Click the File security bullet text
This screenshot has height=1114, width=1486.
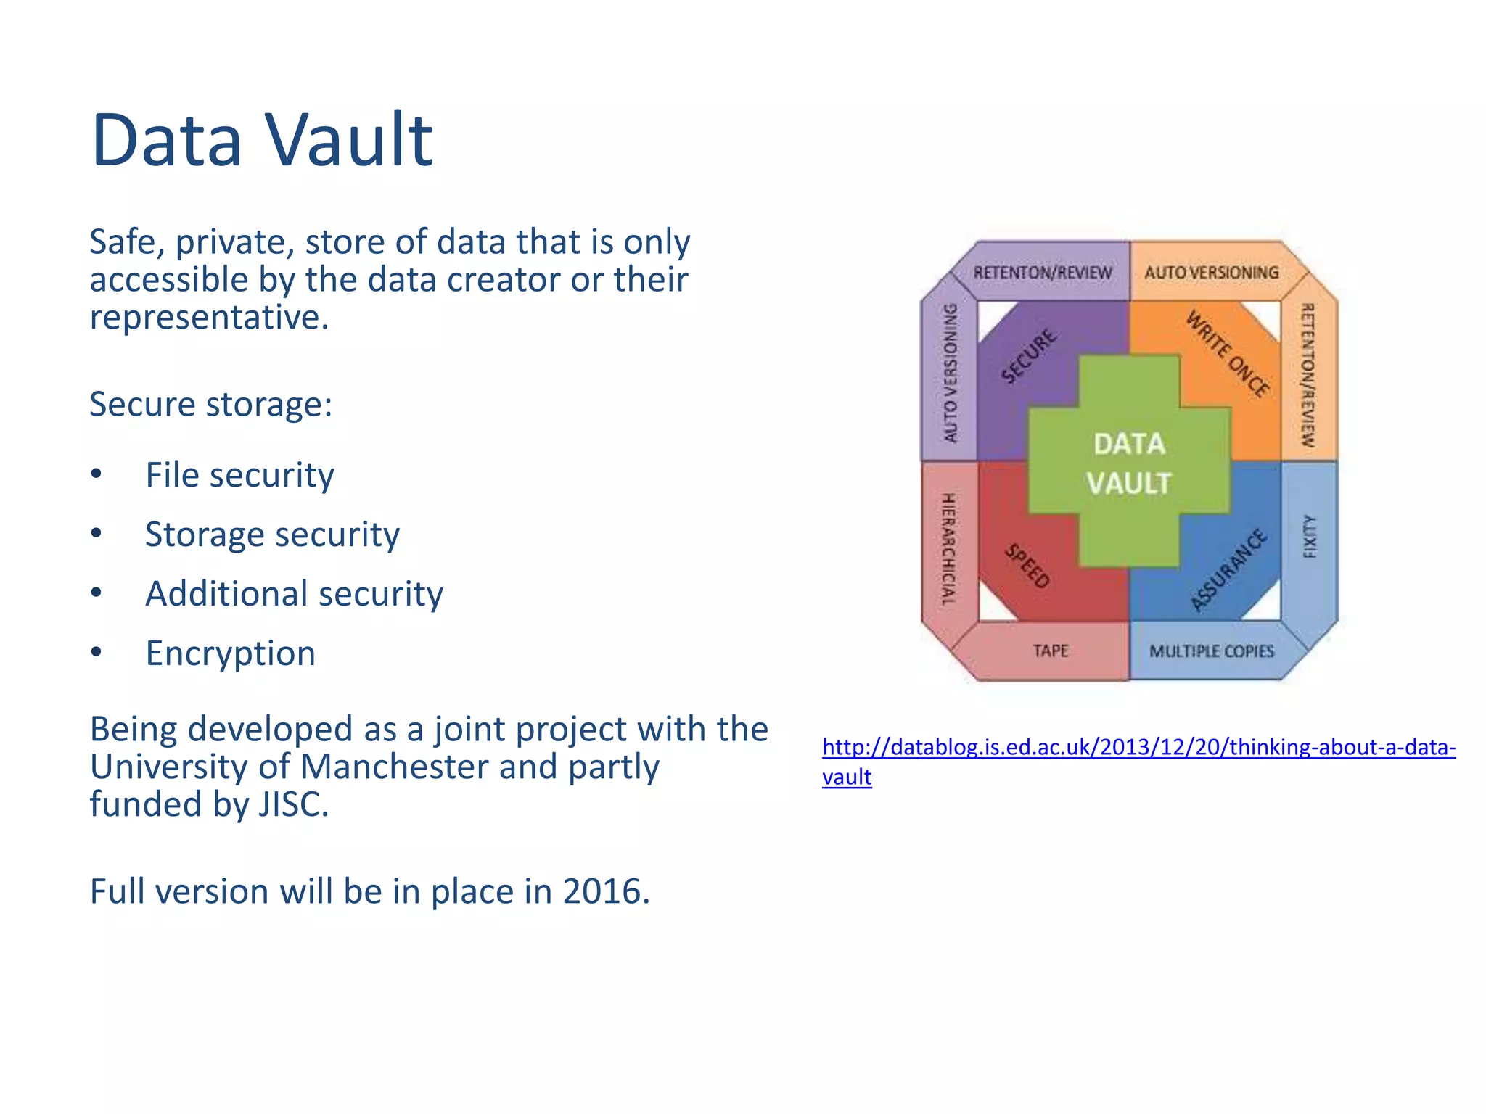point(239,476)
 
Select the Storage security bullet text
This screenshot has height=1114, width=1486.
point(272,535)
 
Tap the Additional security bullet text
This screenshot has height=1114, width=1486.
point(294,594)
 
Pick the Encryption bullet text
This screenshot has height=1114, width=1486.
point(230,653)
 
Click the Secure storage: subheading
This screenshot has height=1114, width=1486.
point(210,404)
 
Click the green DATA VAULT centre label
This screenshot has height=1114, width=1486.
point(1129,463)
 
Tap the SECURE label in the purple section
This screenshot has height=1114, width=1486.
point(1028,355)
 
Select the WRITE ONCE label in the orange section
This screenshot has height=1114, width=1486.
point(1228,353)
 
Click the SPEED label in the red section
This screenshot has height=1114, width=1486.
point(1027,566)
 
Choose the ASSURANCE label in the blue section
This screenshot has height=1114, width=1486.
point(1229,569)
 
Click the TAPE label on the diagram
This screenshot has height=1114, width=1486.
point(1050,651)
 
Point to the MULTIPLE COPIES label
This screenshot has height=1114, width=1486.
point(1211,651)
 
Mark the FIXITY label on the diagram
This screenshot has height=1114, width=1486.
point(1310,537)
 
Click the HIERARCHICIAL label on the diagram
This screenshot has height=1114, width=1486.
point(948,549)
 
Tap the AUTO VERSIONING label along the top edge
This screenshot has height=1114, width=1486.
point(1211,273)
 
